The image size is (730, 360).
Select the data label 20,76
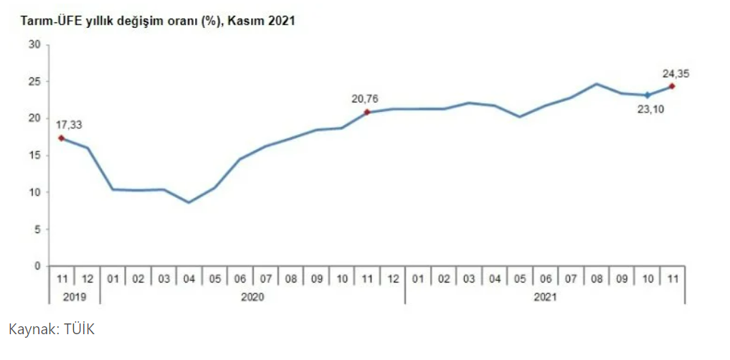pos(364,98)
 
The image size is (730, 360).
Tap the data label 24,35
pos(676,73)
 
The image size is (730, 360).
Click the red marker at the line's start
pos(62,138)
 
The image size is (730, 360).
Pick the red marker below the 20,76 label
pos(367,112)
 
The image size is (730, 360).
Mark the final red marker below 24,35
pos(672,86)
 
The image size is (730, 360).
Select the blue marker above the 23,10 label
pos(647,95)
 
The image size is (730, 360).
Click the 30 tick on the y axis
pos(34,44)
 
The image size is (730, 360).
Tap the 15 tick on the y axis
pos(34,156)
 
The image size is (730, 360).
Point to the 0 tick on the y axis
pos(37,266)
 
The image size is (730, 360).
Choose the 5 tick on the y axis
pos(37,229)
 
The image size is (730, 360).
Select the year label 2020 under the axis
pos(252,296)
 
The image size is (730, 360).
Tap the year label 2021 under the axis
pos(545,296)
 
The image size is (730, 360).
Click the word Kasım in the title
pos(246,22)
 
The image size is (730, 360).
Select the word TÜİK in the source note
pos(78,330)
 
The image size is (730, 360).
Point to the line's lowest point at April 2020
pos(189,202)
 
